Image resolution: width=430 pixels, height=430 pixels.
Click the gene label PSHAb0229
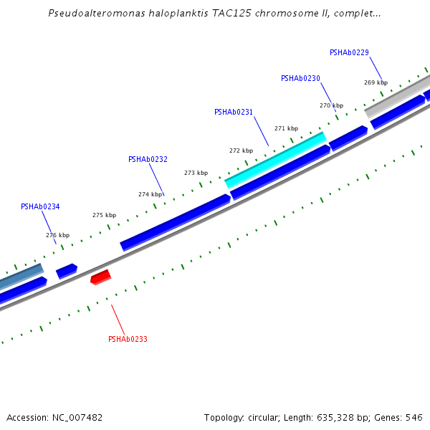tap(349, 52)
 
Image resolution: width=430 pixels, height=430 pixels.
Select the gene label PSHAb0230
tap(300, 78)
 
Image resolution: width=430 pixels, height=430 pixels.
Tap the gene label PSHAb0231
tap(234, 112)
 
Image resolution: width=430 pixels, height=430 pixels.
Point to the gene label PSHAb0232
tap(148, 159)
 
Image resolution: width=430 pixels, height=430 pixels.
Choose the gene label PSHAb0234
tap(40, 206)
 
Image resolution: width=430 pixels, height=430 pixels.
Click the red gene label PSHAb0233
tap(128, 339)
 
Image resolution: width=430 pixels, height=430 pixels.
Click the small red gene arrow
tap(100, 277)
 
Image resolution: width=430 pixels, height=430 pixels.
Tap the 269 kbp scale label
tap(376, 82)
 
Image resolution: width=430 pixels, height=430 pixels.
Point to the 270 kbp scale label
tap(331, 105)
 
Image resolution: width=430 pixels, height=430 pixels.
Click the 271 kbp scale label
tap(286, 128)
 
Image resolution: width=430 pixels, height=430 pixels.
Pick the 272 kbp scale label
tap(241, 150)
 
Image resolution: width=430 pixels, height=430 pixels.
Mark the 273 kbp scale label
tap(196, 173)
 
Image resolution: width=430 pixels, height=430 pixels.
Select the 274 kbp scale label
tap(150, 194)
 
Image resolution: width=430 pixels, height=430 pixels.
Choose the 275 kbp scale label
tap(104, 215)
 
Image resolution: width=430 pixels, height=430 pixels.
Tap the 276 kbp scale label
tap(57, 235)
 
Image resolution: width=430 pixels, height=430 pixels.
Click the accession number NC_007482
tap(77, 417)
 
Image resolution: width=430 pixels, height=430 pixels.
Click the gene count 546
tap(414, 417)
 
